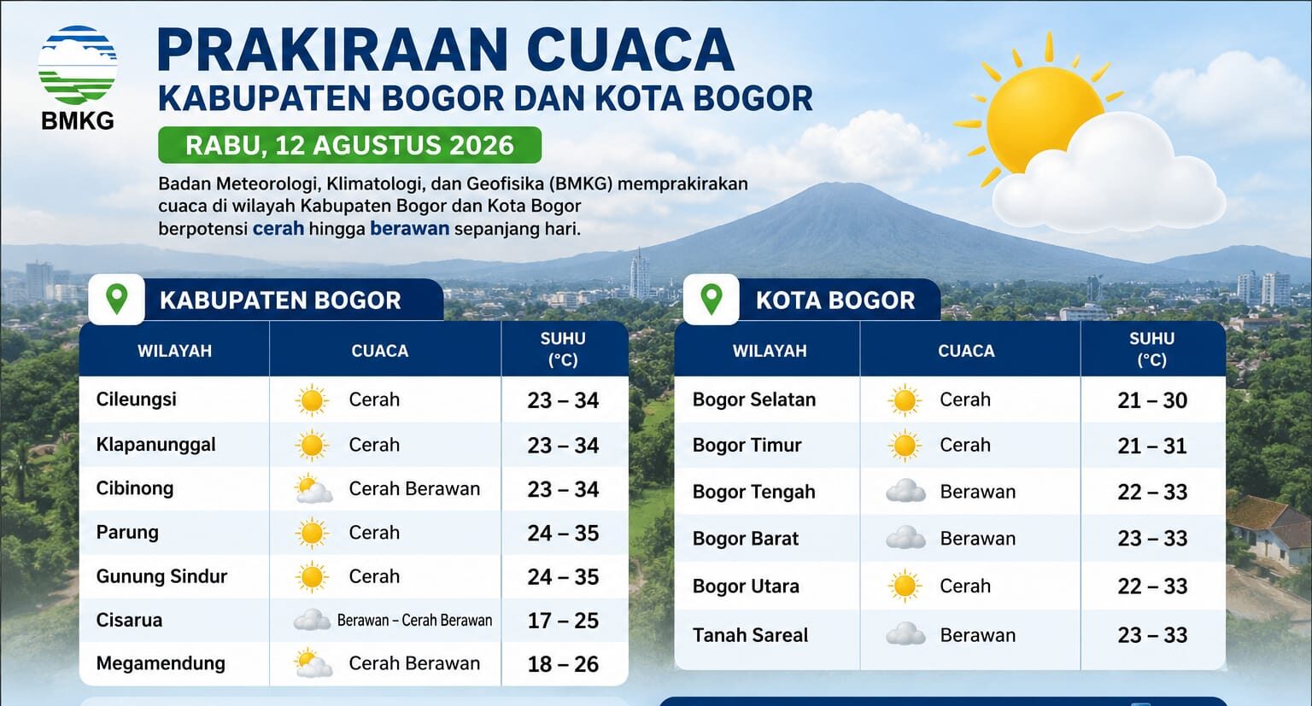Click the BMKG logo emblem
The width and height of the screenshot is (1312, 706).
point(78,65)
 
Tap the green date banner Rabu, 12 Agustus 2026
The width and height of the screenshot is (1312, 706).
point(349,145)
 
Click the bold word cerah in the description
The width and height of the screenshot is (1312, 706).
point(278,228)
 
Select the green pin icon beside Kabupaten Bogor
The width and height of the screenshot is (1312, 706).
point(116,299)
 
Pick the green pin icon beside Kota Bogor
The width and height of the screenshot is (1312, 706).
point(712,299)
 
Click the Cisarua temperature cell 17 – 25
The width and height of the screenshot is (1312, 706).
point(563,621)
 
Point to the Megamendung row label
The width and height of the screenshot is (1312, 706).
point(161,663)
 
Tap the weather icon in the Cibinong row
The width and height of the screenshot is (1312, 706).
point(313,489)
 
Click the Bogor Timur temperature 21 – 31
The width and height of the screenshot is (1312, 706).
point(1152,446)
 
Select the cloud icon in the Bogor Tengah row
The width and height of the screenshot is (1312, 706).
point(905,491)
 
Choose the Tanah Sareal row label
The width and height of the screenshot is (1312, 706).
point(750,635)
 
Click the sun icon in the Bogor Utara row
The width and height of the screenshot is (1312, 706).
point(905,586)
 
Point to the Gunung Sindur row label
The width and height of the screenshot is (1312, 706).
point(161,576)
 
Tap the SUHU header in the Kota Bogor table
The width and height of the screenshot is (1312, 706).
point(1152,338)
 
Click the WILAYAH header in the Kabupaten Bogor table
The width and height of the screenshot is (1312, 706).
point(174,351)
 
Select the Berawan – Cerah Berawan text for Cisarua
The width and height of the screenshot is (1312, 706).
point(414,621)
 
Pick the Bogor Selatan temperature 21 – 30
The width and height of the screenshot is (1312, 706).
point(1152,400)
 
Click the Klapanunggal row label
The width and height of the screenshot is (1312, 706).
point(155,445)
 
